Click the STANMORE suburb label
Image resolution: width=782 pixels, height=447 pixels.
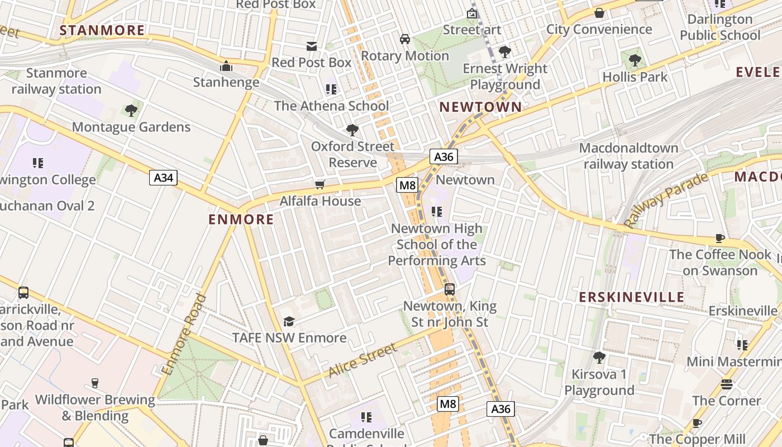point(102,30)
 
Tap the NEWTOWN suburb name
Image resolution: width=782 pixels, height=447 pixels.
point(480,107)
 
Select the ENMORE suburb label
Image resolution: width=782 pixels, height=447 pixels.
point(241,220)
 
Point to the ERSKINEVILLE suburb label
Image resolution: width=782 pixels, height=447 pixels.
point(632,297)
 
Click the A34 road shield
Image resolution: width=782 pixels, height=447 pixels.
point(163,178)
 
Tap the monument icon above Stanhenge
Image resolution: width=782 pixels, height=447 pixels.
point(226,66)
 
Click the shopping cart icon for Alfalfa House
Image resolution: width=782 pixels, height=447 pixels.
point(320,184)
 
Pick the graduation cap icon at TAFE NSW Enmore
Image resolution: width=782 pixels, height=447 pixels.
point(289,321)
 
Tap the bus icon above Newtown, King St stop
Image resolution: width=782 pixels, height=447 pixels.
point(450,289)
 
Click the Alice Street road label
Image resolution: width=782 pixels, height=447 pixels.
point(363,360)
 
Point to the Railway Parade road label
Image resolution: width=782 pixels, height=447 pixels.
point(666,201)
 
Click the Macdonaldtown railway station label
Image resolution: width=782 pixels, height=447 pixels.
point(628,156)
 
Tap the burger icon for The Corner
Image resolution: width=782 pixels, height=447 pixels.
point(726,384)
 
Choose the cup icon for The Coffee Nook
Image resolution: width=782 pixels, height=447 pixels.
point(720,239)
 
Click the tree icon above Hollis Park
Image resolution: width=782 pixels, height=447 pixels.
point(635,60)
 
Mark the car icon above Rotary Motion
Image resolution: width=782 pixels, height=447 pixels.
point(405,39)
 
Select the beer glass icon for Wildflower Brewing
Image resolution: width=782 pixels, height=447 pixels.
point(95,383)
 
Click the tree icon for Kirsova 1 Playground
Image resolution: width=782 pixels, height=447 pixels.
point(599,357)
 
